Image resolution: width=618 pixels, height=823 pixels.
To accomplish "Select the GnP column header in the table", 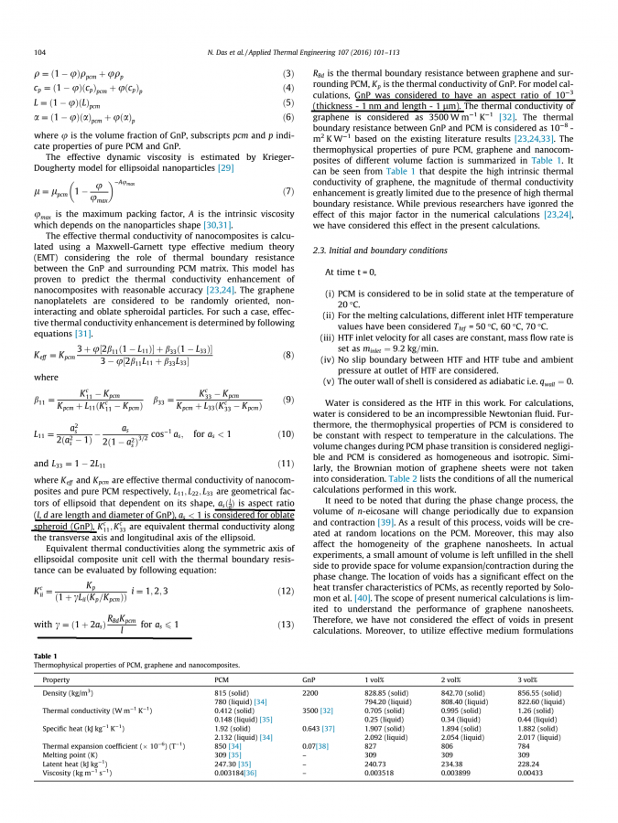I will point(309,679).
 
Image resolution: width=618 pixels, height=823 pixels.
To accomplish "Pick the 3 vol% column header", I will point(527,679).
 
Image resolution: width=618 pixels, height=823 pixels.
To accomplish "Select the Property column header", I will point(56,679).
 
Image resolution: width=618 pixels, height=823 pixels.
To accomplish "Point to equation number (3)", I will point(287,73).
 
